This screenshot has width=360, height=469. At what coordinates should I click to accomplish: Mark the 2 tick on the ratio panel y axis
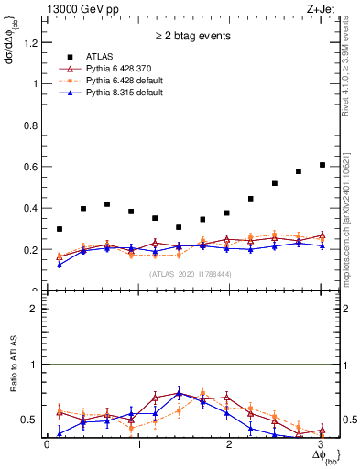(x=33, y=309)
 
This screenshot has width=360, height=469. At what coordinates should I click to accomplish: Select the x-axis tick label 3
(x=322, y=445)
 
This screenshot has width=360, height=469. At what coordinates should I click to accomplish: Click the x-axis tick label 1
(x=138, y=445)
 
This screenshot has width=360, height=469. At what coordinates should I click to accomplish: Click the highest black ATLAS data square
(x=322, y=165)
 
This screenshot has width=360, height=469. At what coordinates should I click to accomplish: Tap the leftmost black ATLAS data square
(x=60, y=229)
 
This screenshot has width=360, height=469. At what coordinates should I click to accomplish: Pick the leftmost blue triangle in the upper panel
(x=60, y=265)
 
